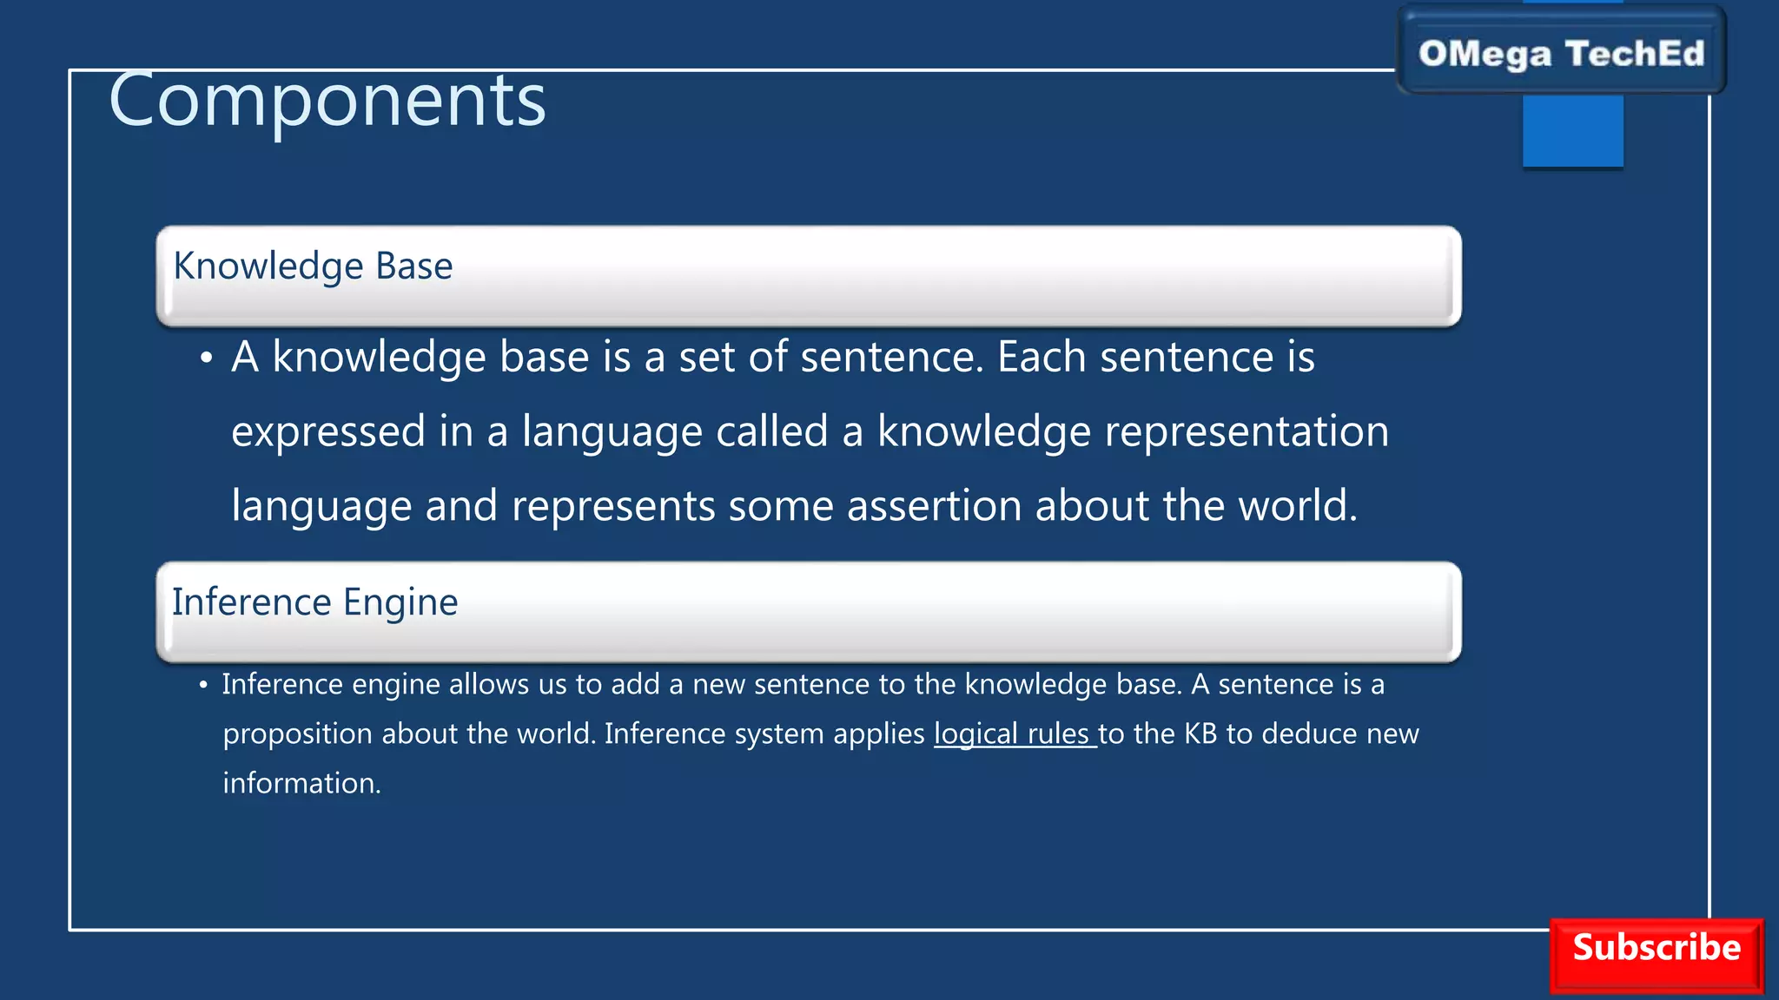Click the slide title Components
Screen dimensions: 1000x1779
(x=327, y=102)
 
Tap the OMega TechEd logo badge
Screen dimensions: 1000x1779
(x=1561, y=53)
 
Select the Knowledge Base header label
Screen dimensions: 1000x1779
(x=313, y=266)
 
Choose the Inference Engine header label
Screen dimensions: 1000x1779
(x=314, y=602)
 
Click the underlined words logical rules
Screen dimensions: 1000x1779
(x=1013, y=734)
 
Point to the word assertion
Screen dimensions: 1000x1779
(x=934, y=505)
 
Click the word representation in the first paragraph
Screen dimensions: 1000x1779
(x=1246, y=431)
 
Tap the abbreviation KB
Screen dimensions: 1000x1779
(x=1200, y=734)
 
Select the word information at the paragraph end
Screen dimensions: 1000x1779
(x=301, y=784)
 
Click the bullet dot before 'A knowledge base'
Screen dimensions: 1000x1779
(x=206, y=358)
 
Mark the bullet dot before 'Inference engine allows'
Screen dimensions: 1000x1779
(x=203, y=686)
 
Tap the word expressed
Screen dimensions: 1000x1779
(x=328, y=431)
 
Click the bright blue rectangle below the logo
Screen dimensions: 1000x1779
(x=1572, y=130)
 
